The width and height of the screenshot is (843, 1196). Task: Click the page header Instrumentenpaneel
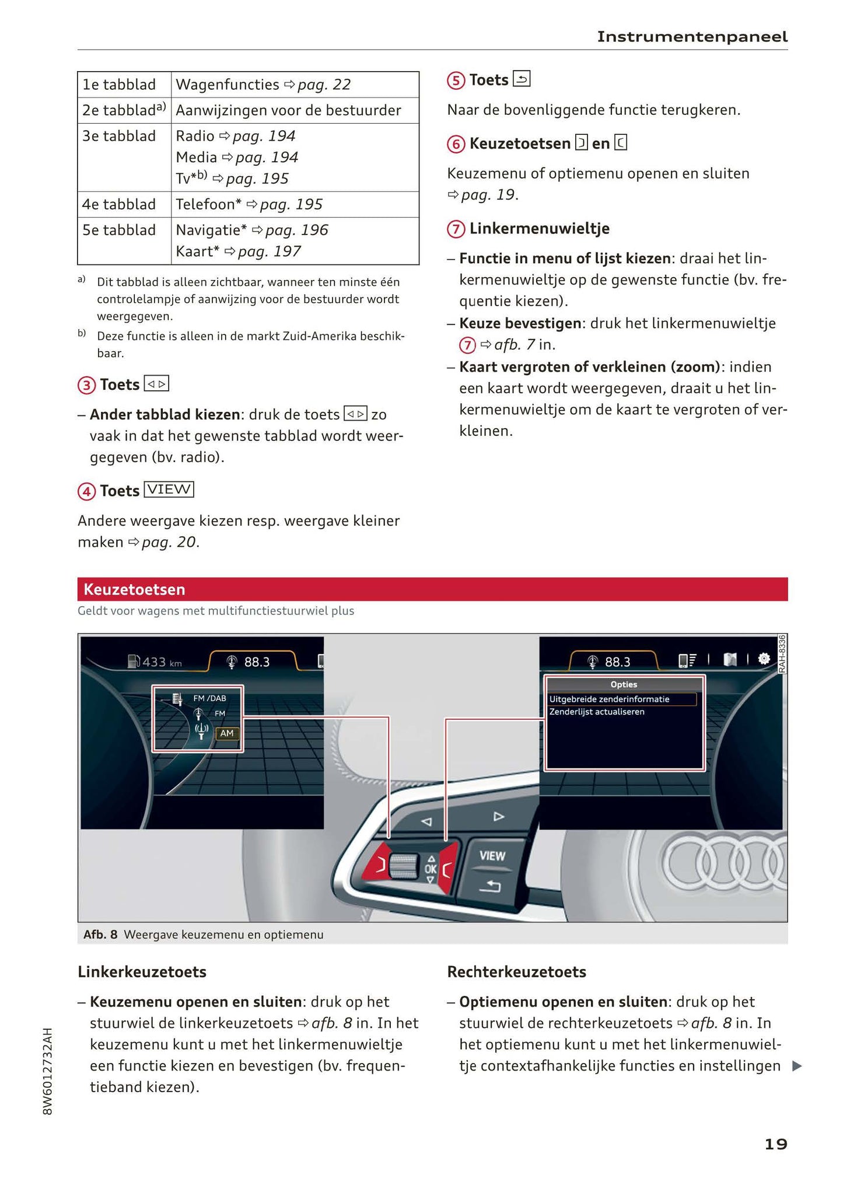point(692,37)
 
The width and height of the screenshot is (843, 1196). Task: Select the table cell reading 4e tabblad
point(119,204)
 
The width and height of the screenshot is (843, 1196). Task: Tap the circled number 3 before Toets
point(86,385)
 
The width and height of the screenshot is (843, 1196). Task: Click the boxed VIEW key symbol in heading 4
point(169,489)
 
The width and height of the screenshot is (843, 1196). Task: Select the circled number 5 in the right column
point(456,81)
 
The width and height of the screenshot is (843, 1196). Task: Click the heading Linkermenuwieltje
point(539,228)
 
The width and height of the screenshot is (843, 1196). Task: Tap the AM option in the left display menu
point(227,733)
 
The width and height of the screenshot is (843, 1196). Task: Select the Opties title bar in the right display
point(623,684)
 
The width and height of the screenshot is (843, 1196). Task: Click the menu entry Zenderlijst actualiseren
point(596,712)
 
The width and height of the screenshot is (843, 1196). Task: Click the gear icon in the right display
point(764,659)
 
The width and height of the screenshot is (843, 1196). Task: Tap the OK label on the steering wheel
point(431,869)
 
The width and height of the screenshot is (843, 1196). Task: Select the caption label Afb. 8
point(100,935)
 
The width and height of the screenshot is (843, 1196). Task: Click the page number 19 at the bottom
point(775,1144)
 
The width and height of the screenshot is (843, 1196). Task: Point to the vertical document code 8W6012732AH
point(48,1071)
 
